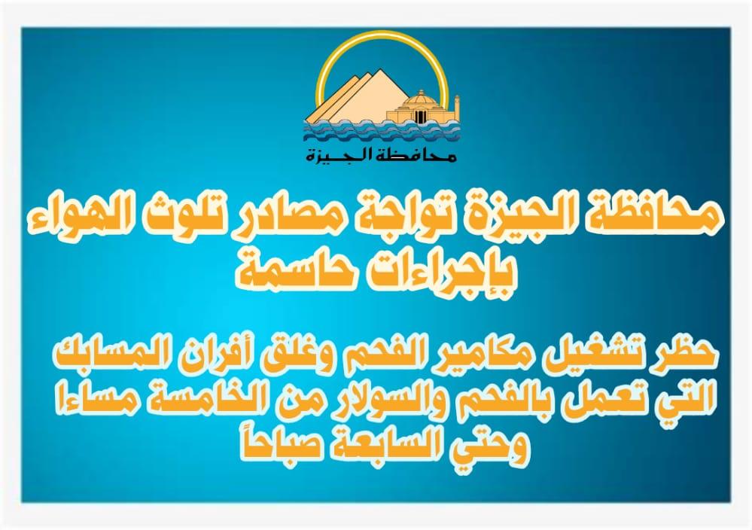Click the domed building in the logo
(420, 108)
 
